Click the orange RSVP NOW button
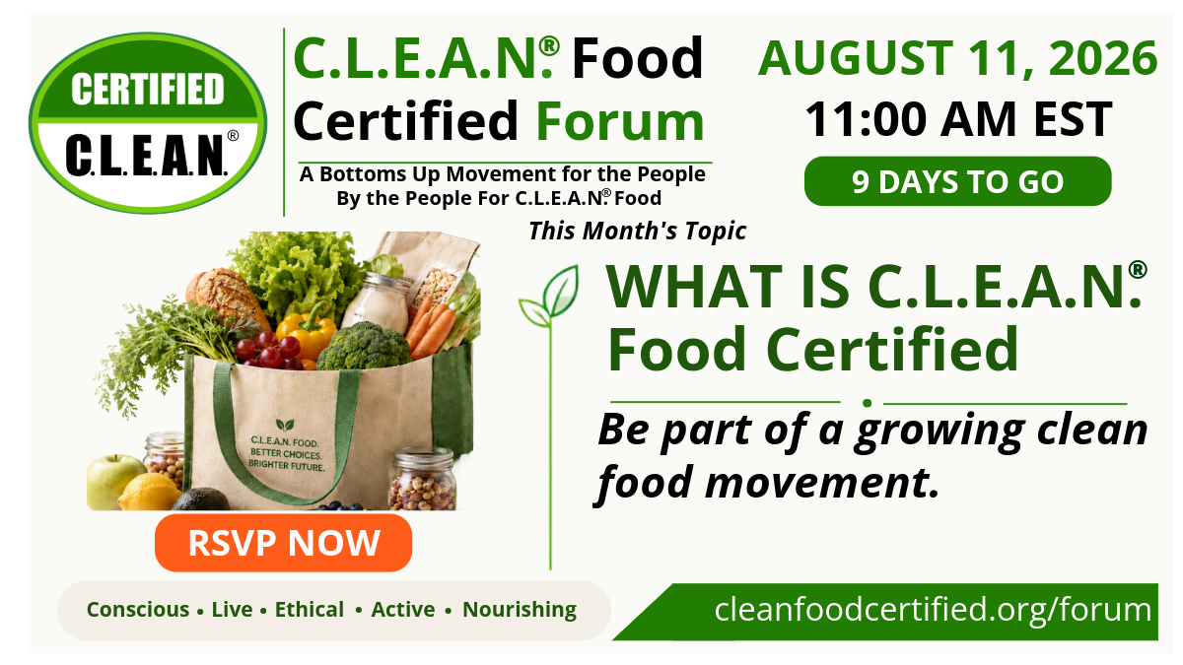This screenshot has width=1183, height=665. [x=283, y=543]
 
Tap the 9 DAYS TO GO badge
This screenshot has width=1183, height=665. [x=957, y=181]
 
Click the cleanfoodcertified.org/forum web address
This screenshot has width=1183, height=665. [x=933, y=610]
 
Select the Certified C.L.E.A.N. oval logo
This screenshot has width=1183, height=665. [x=148, y=123]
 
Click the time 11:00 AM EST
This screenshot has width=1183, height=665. [x=958, y=119]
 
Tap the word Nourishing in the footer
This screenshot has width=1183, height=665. [x=520, y=610]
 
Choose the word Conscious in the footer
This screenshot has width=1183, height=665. [x=138, y=610]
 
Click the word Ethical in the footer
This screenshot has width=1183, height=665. [x=309, y=610]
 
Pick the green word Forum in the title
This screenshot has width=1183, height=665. [x=620, y=121]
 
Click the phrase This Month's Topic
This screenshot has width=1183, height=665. [x=638, y=232]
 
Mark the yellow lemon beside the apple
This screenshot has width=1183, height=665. [x=150, y=493]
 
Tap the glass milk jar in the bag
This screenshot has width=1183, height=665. [x=377, y=303]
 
